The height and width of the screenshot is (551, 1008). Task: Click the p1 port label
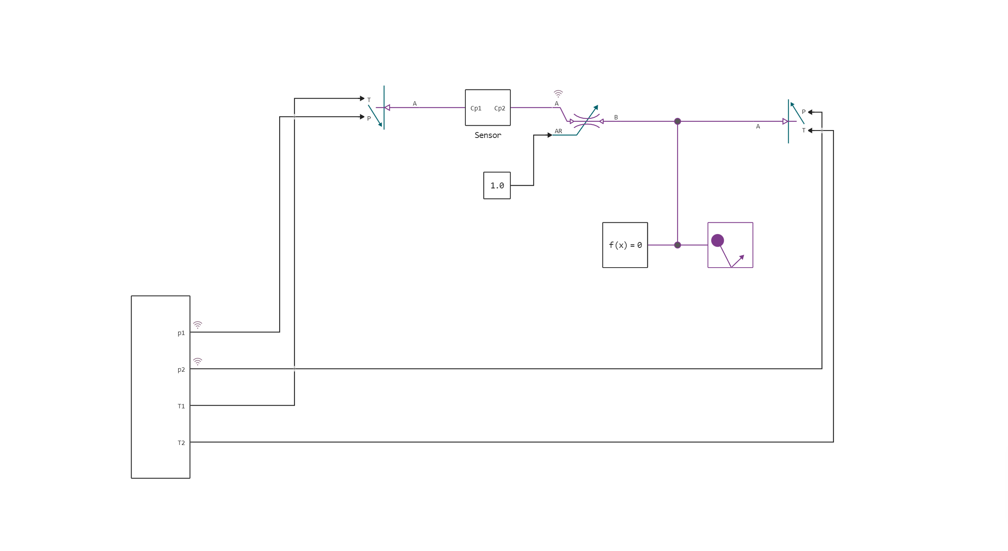pyautogui.click(x=181, y=333)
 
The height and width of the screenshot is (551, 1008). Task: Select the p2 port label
pyautogui.click(x=181, y=370)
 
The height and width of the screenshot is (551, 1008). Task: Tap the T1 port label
pyautogui.click(x=181, y=406)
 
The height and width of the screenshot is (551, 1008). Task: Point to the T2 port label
pyautogui.click(x=181, y=443)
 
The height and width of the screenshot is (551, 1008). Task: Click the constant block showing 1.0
pyautogui.click(x=497, y=186)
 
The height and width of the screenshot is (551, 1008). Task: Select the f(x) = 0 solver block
pyautogui.click(x=625, y=245)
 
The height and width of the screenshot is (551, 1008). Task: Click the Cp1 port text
pyautogui.click(x=476, y=108)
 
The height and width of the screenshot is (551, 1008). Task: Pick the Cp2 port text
pyautogui.click(x=500, y=108)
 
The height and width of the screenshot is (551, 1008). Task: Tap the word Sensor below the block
pyautogui.click(x=487, y=135)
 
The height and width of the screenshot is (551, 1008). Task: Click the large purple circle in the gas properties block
pyautogui.click(x=717, y=240)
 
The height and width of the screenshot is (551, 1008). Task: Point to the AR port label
pyautogui.click(x=558, y=131)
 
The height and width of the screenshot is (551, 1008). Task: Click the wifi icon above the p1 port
pyautogui.click(x=198, y=325)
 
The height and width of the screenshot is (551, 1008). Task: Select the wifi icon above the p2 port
pyautogui.click(x=198, y=361)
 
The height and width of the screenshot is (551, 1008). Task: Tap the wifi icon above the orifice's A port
pyautogui.click(x=558, y=94)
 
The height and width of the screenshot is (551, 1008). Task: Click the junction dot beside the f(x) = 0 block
pyautogui.click(x=678, y=245)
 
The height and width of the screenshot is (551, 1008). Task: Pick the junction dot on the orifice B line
pyautogui.click(x=678, y=121)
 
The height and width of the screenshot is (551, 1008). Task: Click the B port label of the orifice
pyautogui.click(x=616, y=117)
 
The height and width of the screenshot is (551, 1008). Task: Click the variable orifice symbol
pyautogui.click(x=586, y=121)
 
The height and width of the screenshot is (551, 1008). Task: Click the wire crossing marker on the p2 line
pyautogui.click(x=295, y=369)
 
